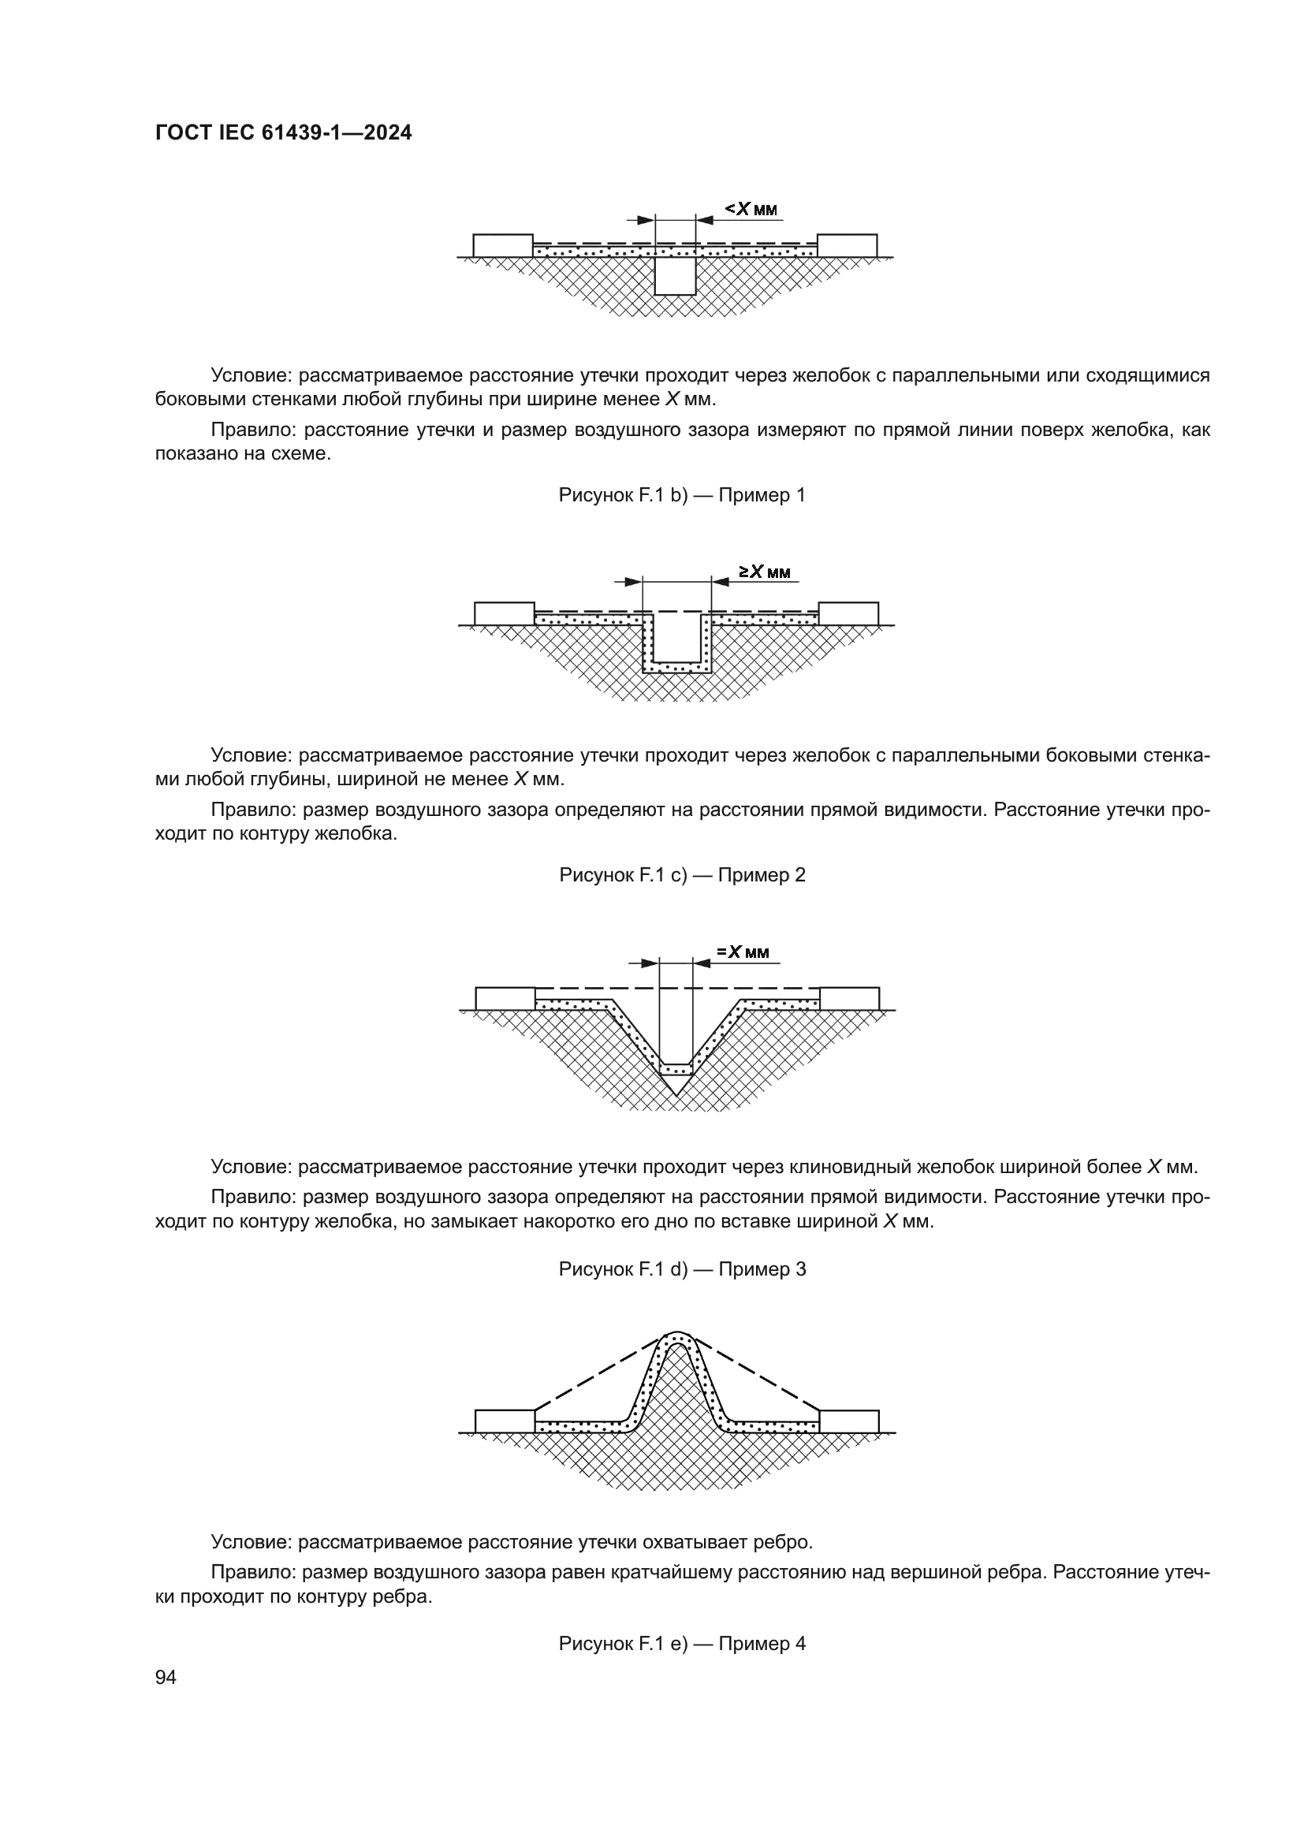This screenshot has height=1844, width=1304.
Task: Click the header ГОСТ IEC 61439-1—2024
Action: (284, 133)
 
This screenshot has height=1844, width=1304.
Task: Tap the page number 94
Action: (166, 1677)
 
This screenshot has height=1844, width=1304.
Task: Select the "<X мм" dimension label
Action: (751, 209)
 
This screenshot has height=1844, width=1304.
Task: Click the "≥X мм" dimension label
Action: (765, 572)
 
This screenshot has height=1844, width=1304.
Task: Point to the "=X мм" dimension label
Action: (743, 952)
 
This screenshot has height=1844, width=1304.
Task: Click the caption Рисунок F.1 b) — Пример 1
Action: (682, 495)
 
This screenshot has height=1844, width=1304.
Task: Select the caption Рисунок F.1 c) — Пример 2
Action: (682, 874)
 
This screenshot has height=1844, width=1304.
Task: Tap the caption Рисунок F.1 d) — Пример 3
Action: (682, 1269)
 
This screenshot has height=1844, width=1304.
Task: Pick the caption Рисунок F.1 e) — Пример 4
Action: (682, 1643)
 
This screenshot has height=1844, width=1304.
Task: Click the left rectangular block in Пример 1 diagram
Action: (503, 246)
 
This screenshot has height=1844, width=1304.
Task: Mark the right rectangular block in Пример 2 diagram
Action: (848, 613)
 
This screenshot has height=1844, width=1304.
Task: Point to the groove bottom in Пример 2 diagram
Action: (677, 669)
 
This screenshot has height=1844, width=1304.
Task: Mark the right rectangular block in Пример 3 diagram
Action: (849, 998)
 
